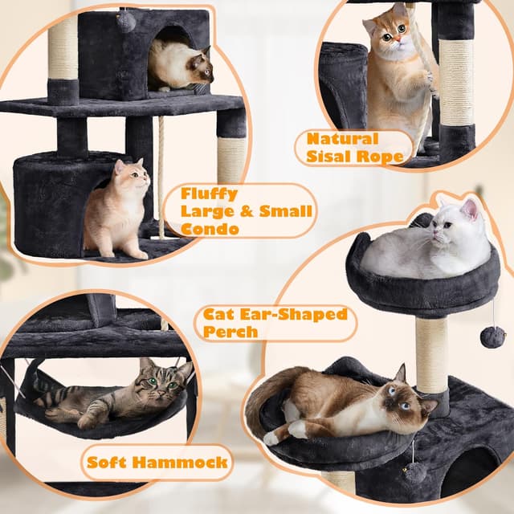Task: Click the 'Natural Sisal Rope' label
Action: [354, 147]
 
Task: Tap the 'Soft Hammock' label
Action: [157, 462]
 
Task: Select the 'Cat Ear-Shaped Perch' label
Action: [274, 321]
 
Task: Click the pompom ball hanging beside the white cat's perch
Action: [492, 336]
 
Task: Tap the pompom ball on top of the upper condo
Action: [126, 22]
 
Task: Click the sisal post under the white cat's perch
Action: [431, 353]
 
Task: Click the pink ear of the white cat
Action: [468, 211]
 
